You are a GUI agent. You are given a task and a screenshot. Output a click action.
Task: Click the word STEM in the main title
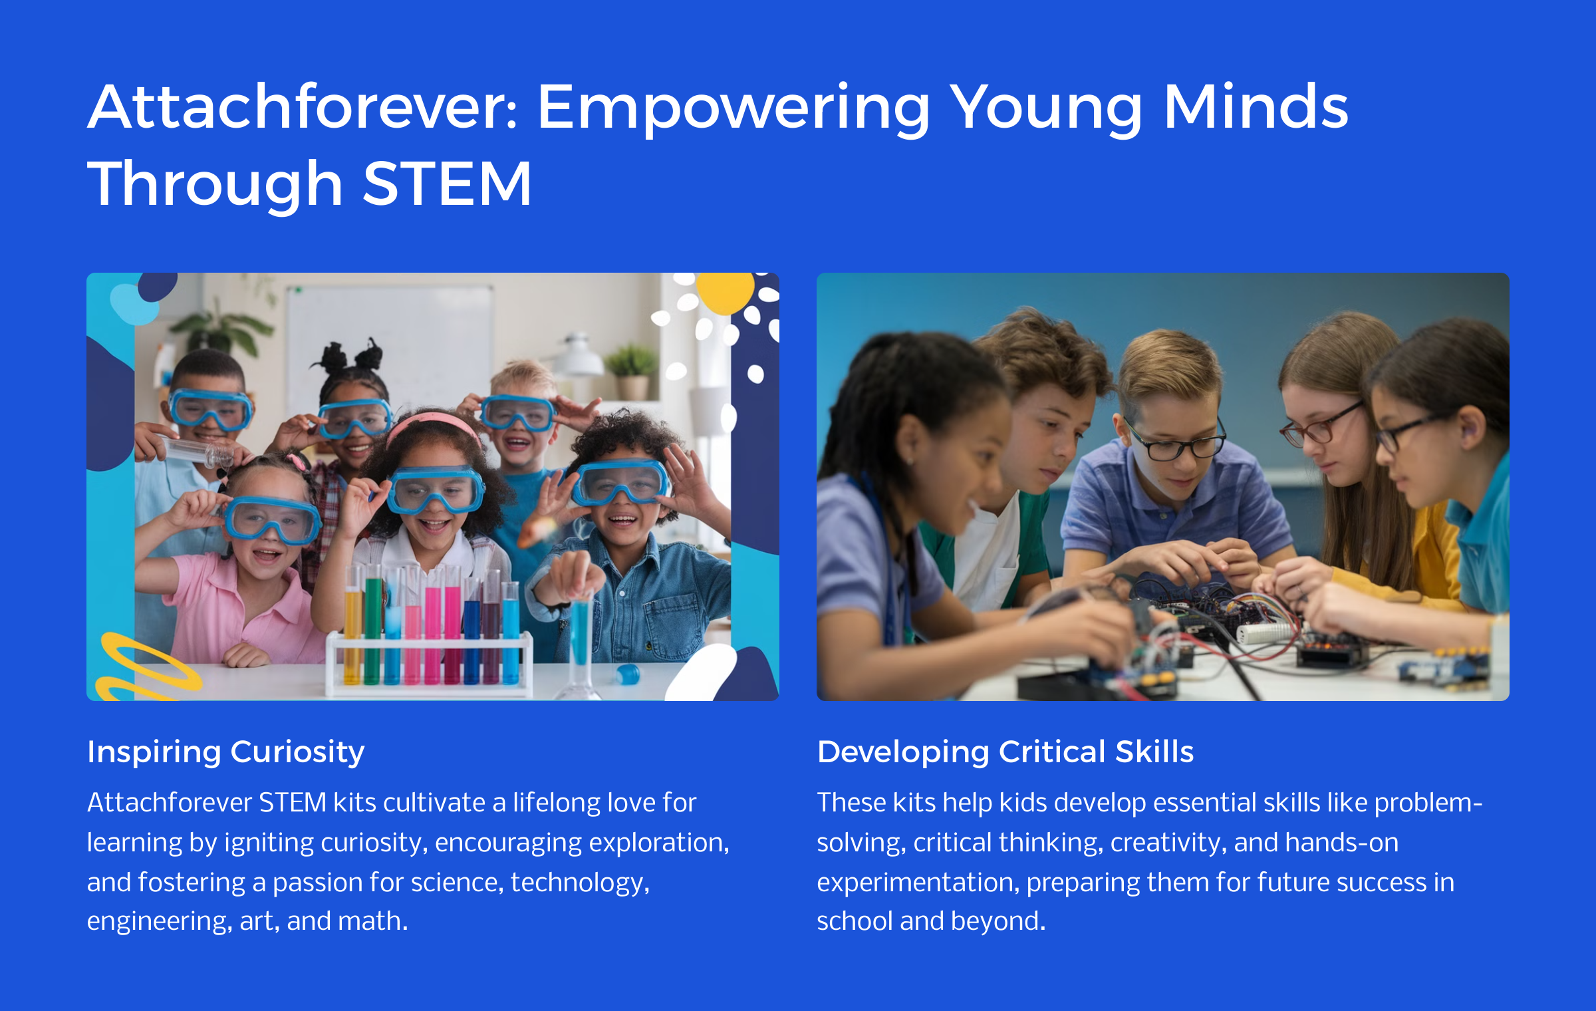pyautogui.click(x=447, y=184)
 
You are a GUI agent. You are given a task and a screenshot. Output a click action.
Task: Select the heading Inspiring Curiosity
pyautogui.click(x=226, y=752)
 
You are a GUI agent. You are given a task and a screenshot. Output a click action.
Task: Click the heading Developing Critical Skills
pyautogui.click(x=1005, y=752)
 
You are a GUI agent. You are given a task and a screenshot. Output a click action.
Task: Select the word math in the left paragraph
pyautogui.click(x=373, y=921)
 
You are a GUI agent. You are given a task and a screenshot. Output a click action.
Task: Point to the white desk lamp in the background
pyautogui.click(x=577, y=356)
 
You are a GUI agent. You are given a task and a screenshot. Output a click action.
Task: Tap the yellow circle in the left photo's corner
pyautogui.click(x=725, y=291)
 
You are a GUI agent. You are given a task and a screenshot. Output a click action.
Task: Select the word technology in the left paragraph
pyautogui.click(x=580, y=883)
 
